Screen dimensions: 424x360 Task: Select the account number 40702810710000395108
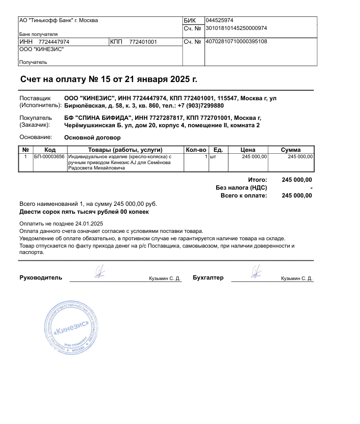pos(236,42)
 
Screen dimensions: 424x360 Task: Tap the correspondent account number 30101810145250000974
pos(236,28)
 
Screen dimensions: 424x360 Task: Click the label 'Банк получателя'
pos(32,34)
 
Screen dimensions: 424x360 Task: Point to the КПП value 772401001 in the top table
pos(143,42)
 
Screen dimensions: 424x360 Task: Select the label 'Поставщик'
pos(35,98)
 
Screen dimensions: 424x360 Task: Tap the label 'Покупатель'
pos(35,118)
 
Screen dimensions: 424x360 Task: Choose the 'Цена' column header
pos(248,150)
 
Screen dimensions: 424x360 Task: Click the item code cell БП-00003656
pos(49,157)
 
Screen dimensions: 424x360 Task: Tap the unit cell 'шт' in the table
pos(213,157)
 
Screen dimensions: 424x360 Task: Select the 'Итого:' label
pos(257,180)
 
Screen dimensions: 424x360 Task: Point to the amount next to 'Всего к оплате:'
pos(297,196)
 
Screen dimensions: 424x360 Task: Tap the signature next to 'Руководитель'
pos(100,271)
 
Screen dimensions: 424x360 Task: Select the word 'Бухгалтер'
pos(208,278)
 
